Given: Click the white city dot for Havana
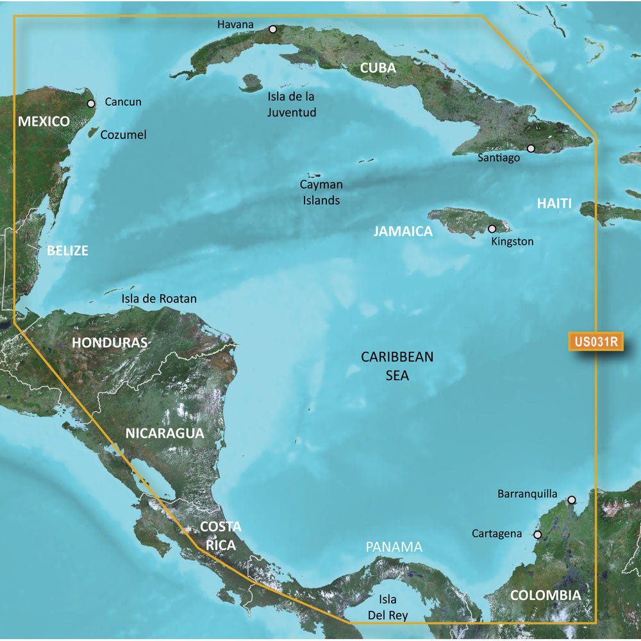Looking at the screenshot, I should pos(273,29).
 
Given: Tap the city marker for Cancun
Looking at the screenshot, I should pos(91,103).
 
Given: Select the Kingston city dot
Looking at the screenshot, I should pos(492,229).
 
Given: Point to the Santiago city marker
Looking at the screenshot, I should pos(531,149).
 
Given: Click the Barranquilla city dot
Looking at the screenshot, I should pos(572,500).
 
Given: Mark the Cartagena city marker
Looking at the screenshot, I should pos(538,534).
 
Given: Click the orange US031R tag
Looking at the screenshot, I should pos(595,342).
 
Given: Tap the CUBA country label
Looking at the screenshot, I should pos(378,68).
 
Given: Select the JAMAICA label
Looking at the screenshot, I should pos(403,231).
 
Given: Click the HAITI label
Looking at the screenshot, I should pos(554,204).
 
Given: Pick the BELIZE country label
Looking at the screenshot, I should pos(67,251).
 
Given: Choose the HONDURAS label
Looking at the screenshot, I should pos(110,342).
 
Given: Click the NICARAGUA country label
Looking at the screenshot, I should pos(164,433).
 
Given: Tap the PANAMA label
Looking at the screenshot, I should pos(394,547).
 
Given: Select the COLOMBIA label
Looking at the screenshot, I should pos(545,595).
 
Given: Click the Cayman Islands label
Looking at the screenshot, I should pos(321,192).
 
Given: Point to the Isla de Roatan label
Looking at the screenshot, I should pos(159,299).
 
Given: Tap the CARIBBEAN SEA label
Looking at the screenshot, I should pos(397,366).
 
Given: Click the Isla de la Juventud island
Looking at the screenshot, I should pos(251,82).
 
